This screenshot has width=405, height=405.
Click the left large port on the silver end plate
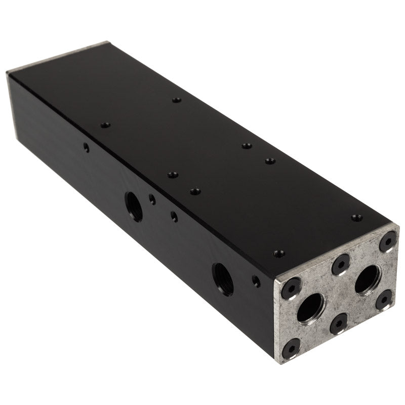[x=310, y=307]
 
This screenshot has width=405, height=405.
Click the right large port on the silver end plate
[x=368, y=279]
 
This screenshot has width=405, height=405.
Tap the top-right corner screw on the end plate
[x=388, y=241]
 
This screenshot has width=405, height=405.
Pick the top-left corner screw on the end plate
[x=292, y=288]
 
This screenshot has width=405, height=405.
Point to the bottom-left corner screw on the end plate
[x=291, y=348]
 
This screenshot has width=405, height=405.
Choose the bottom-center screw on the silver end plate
[x=339, y=323]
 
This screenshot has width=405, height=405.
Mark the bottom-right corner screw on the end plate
[x=384, y=300]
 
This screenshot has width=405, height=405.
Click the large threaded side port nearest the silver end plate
[x=223, y=278]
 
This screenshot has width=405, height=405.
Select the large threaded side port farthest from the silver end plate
[x=134, y=206]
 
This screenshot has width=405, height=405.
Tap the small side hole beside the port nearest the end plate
[x=257, y=281]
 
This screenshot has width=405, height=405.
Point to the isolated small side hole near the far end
[x=87, y=147]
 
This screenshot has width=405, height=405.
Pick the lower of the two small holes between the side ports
[x=174, y=216]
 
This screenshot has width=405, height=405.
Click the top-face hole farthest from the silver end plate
[x=176, y=100]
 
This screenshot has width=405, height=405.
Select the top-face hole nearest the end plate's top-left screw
[x=279, y=253]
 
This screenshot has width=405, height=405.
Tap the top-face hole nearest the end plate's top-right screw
[x=357, y=218]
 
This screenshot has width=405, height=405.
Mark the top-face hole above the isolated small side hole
[x=105, y=125]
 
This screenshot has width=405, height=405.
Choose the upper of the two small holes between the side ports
[x=152, y=199]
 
